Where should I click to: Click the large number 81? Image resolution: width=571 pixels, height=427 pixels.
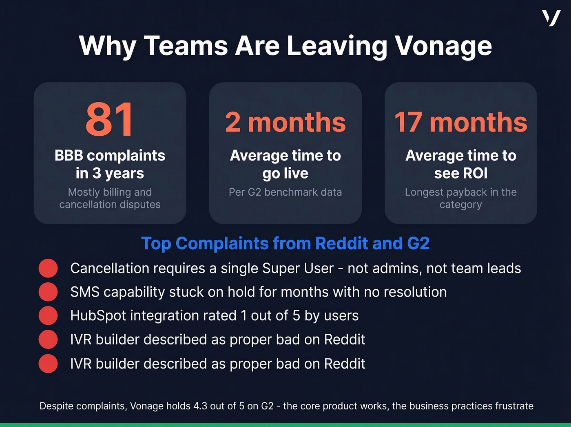tap(109, 120)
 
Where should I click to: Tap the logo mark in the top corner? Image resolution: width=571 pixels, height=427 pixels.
tap(551, 18)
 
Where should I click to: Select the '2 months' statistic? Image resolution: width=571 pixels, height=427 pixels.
tap(285, 122)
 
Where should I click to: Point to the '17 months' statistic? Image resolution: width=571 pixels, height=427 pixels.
tap(460, 122)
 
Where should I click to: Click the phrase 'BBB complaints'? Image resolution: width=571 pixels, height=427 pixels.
tap(110, 156)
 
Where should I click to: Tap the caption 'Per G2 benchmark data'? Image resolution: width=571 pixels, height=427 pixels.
tap(285, 192)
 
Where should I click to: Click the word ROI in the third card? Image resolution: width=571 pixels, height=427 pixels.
tap(475, 173)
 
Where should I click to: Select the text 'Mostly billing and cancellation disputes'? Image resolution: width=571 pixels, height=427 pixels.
tap(110, 198)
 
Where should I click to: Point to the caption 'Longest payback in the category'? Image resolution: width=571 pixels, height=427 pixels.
tap(460, 198)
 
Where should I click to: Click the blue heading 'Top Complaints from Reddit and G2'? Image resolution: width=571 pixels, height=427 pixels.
tap(285, 244)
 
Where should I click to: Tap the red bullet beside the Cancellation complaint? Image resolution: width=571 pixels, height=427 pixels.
tap(48, 268)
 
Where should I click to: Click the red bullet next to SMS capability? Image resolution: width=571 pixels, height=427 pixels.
tap(48, 292)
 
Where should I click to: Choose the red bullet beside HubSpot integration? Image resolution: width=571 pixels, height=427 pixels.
tap(48, 316)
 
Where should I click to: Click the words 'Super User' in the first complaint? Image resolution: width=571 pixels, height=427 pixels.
tap(298, 268)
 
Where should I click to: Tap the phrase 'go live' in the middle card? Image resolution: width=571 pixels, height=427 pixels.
tap(285, 174)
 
